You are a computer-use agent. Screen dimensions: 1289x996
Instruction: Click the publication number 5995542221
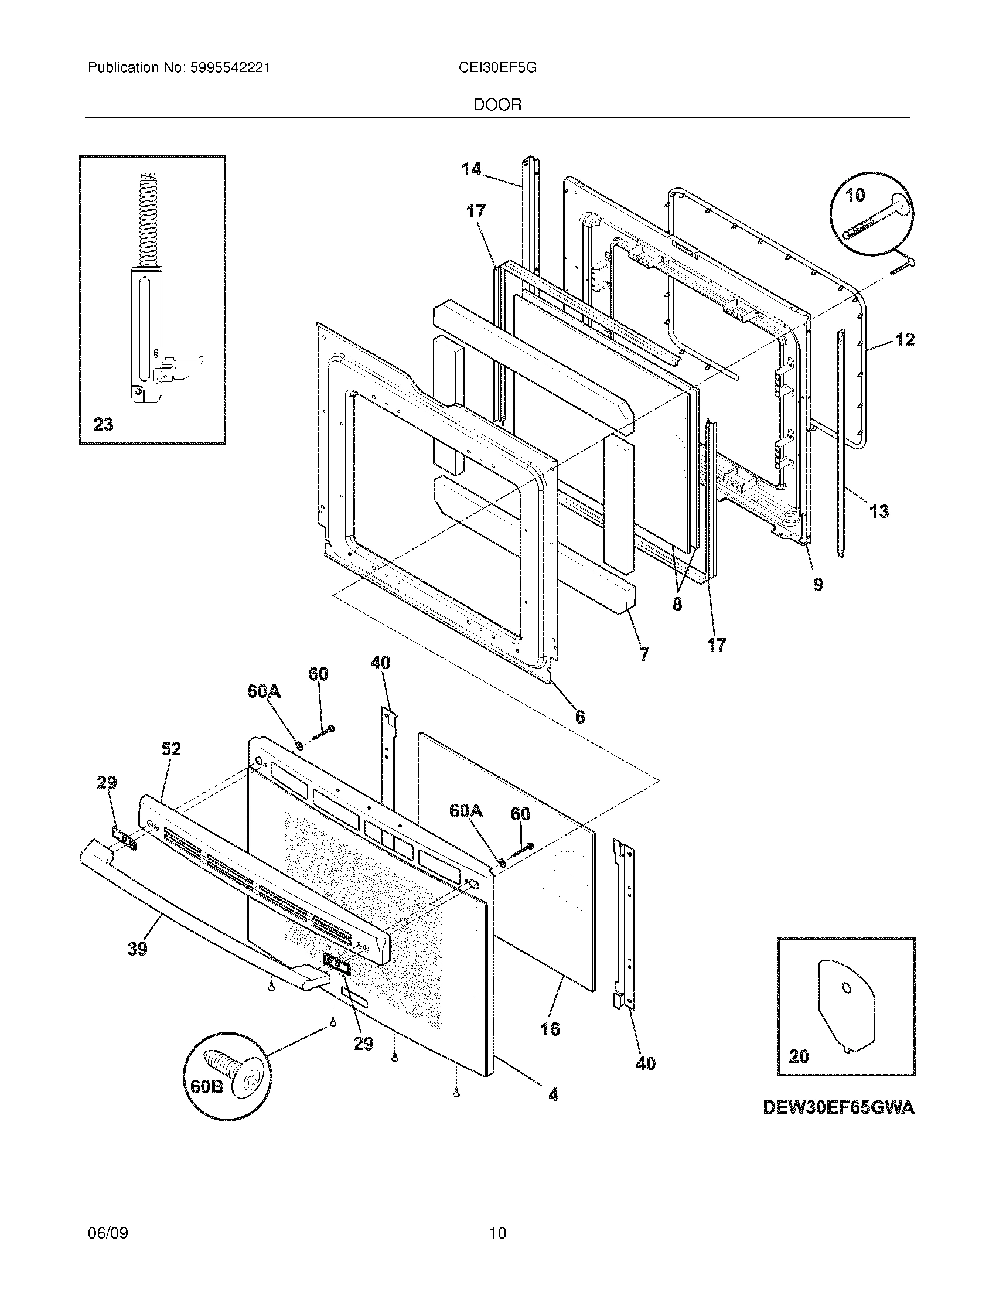point(230,68)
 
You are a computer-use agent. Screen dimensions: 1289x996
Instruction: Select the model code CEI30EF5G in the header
point(497,68)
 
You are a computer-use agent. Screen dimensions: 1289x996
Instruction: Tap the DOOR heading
point(497,105)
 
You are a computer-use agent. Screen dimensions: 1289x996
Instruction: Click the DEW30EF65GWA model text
point(838,1108)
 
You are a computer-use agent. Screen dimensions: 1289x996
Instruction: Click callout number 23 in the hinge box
point(103,424)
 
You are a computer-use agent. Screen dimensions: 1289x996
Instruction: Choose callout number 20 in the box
point(799,1056)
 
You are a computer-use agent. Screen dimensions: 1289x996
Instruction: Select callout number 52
point(170,749)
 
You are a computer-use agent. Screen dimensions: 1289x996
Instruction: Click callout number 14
point(471,169)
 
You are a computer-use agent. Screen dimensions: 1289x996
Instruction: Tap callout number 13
point(879,511)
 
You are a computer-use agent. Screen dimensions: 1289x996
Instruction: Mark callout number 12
point(905,339)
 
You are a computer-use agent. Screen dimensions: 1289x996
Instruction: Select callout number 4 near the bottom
point(553,1095)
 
